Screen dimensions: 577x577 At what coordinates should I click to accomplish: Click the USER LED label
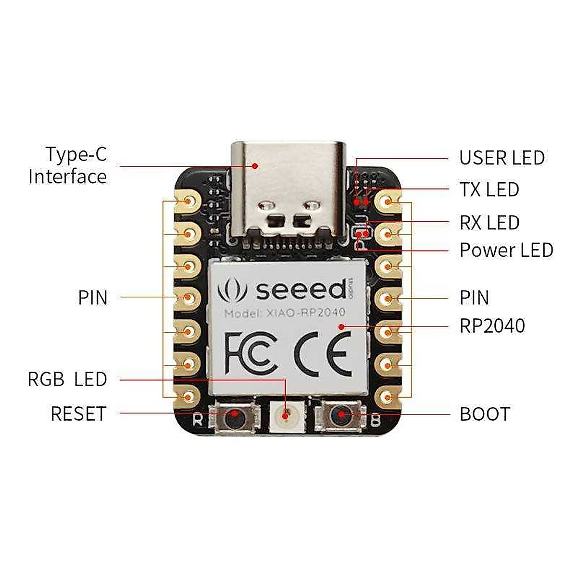502,158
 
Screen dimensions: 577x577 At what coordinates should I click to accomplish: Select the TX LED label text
489,189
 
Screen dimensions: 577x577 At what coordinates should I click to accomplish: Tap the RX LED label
489,223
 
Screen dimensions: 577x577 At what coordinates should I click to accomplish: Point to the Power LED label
506,250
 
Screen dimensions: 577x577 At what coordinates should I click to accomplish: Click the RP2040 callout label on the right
492,326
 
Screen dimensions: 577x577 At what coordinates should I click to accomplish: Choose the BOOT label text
485,414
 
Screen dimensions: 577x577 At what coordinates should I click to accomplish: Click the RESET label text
78,414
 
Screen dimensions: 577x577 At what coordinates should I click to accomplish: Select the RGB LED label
67,379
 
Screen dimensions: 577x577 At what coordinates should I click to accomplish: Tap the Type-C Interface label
68,165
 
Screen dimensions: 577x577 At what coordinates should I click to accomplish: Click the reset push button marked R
235,415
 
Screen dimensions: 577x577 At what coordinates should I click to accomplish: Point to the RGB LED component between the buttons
286,415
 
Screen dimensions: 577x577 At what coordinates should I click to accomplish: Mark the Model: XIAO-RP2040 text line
285,314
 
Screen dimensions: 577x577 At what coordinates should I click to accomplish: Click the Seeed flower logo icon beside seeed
232,290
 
